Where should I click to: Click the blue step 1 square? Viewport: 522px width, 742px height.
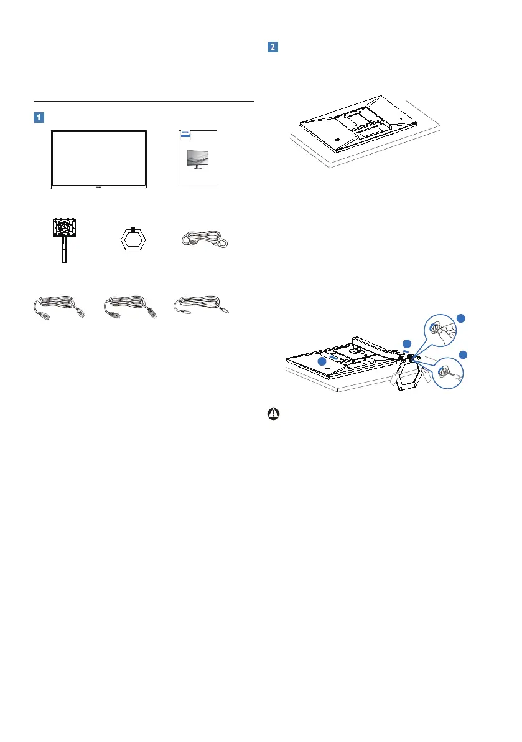click(39, 116)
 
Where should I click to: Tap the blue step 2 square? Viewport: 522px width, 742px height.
click(272, 47)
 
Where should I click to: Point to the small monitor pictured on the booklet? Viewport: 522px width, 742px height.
click(197, 161)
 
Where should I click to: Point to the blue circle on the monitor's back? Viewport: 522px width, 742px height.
click(322, 361)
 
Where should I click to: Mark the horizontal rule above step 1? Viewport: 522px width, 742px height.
click(144, 101)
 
